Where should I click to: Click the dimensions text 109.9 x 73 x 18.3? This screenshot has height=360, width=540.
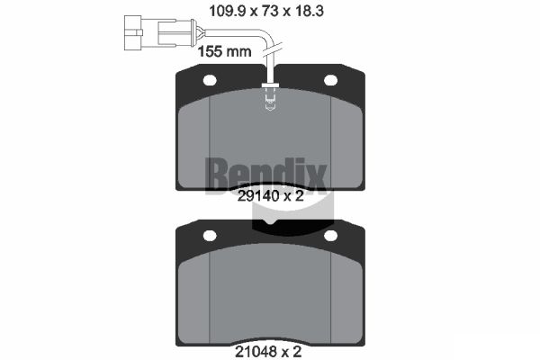tap(266, 12)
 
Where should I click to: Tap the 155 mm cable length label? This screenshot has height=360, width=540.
tap(224, 51)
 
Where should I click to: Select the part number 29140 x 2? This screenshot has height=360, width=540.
tap(271, 196)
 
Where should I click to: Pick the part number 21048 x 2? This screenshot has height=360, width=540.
tap(268, 352)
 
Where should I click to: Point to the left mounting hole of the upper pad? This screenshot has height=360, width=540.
tap(210, 80)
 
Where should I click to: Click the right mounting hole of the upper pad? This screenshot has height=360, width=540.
tap(330, 80)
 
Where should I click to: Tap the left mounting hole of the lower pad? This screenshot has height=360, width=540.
tap(210, 236)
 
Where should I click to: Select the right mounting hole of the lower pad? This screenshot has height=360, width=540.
tap(330, 236)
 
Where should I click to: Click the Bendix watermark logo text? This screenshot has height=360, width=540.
tap(265, 175)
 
